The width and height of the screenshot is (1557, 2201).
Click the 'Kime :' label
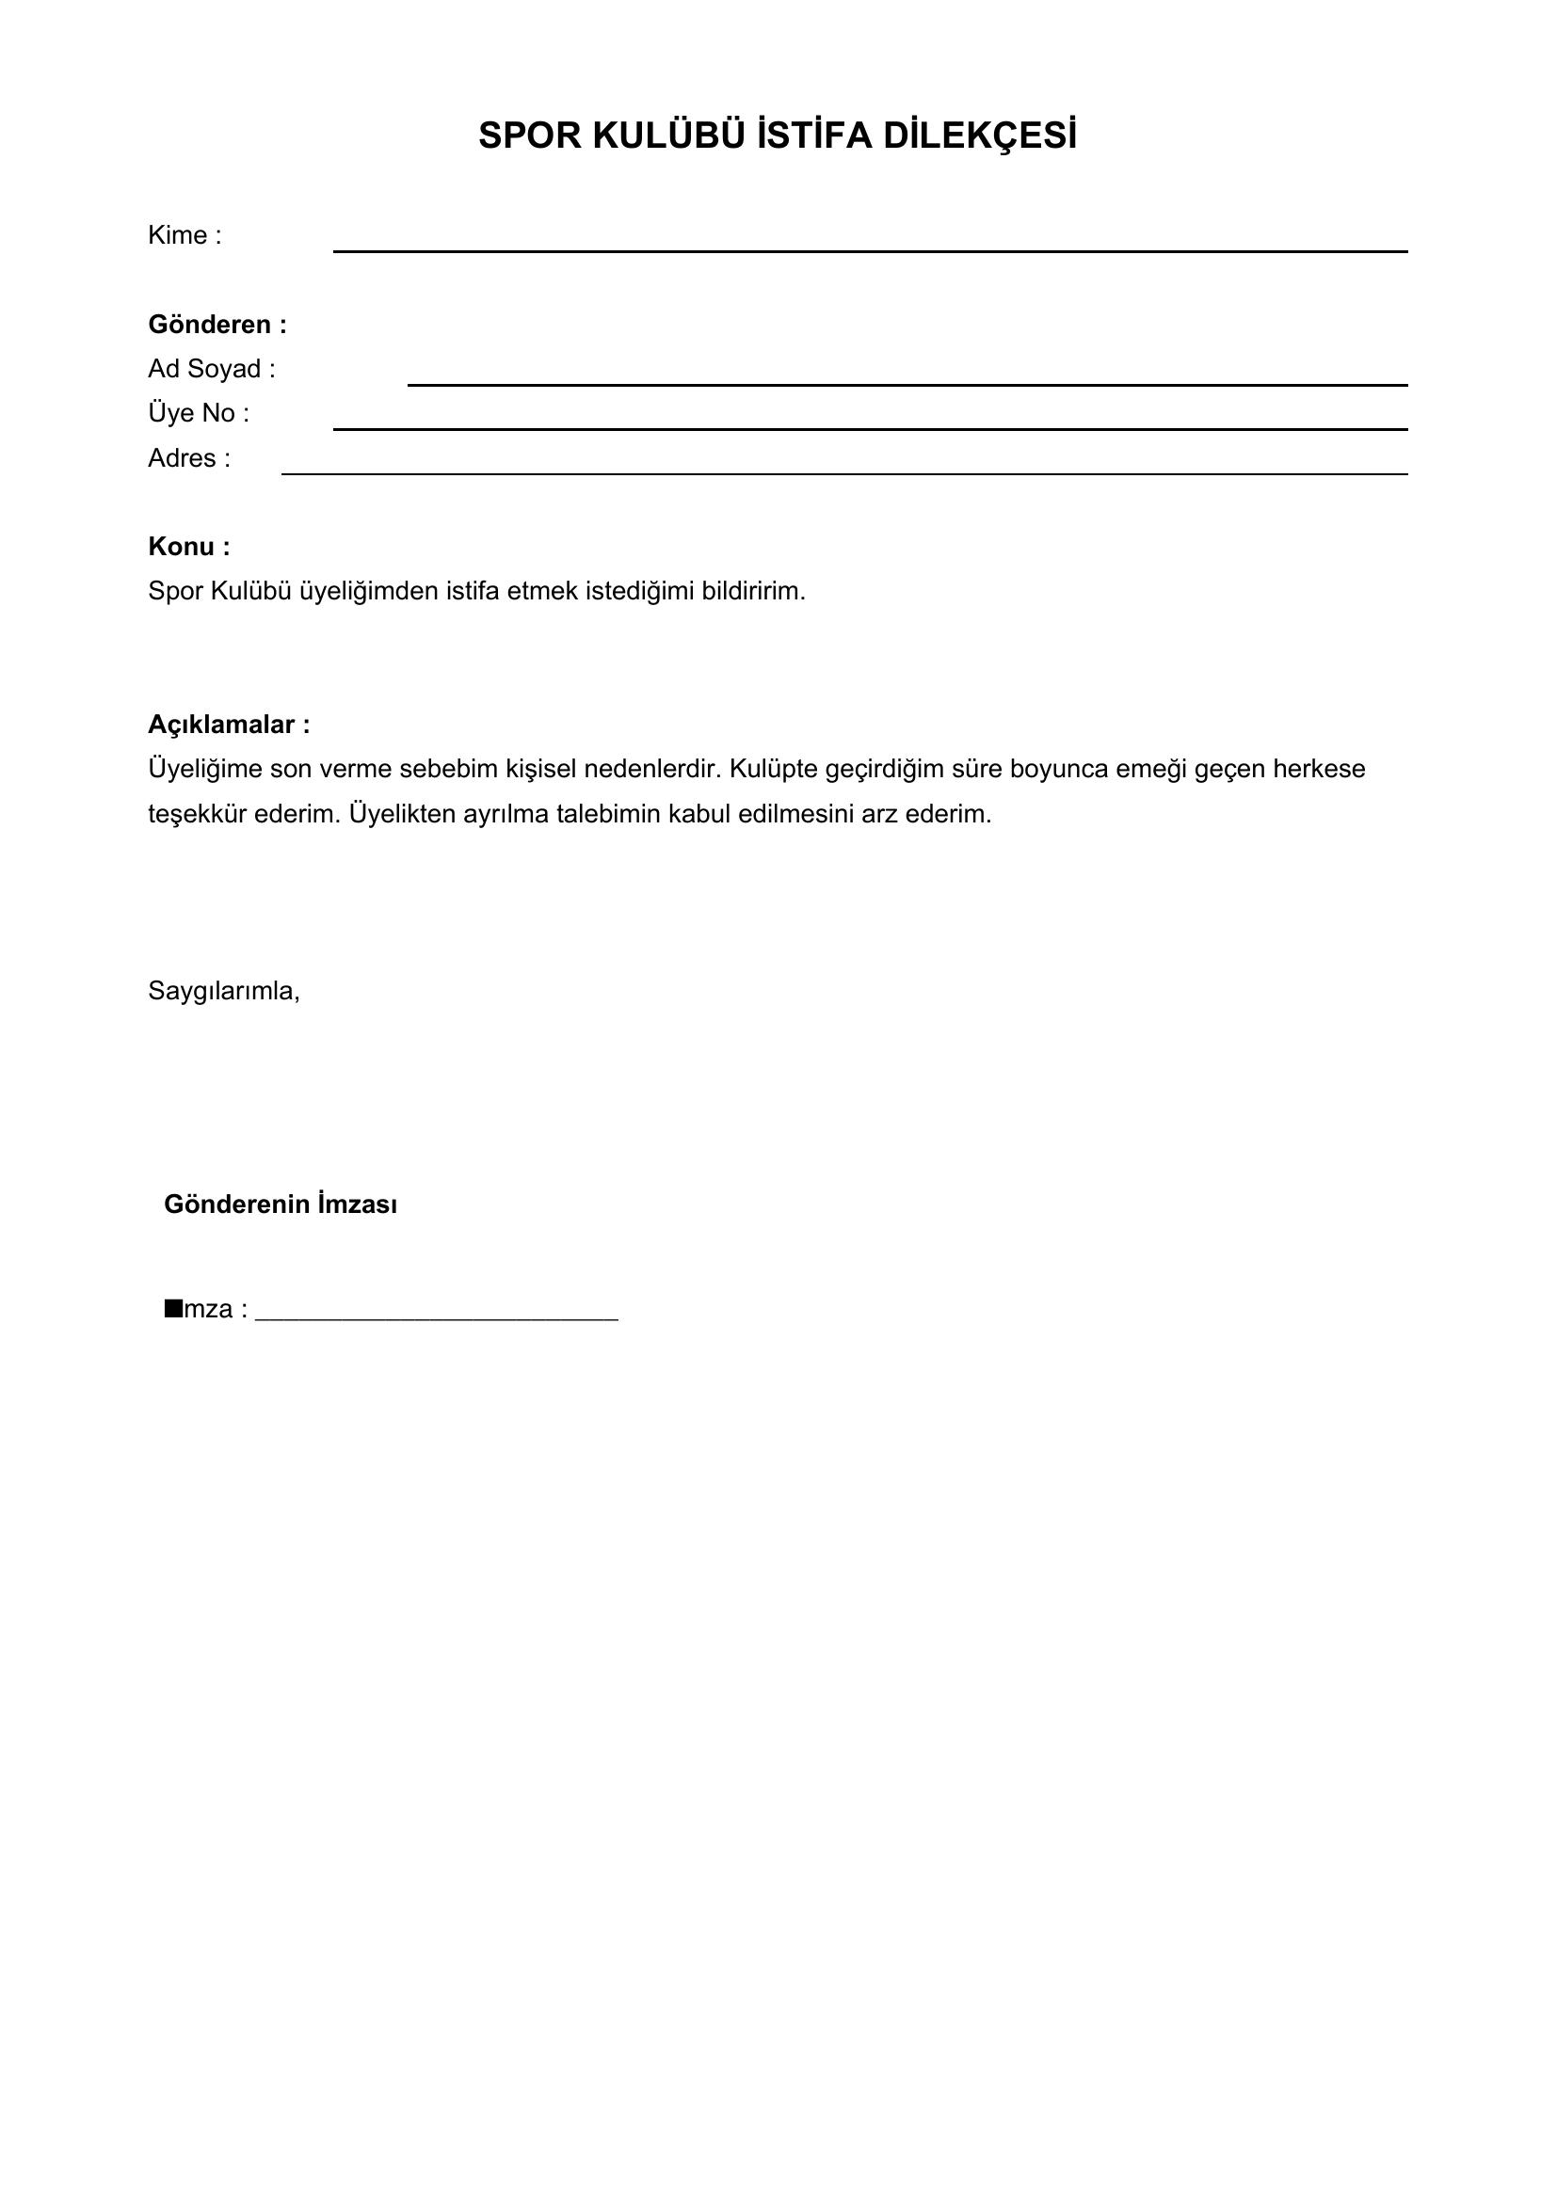[185, 236]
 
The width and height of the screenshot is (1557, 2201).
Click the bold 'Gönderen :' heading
[217, 325]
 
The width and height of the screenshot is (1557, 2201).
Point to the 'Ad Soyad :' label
[211, 369]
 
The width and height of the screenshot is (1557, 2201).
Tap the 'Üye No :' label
[198, 413]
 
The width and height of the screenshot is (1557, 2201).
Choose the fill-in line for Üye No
[870, 427]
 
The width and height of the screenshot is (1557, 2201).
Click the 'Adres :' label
[189, 458]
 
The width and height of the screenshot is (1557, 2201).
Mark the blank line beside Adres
[843, 472]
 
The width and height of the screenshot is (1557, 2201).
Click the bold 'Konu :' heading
[189, 547]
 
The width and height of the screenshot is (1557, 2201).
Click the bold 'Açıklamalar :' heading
[228, 725]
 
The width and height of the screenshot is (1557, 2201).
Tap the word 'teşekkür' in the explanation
[197, 814]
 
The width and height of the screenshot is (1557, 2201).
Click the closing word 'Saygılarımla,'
[223, 991]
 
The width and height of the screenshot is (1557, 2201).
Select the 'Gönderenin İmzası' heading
[280, 1204]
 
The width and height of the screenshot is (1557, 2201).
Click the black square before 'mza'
[173, 1308]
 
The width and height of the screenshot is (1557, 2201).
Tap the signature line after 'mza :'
[436, 1319]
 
